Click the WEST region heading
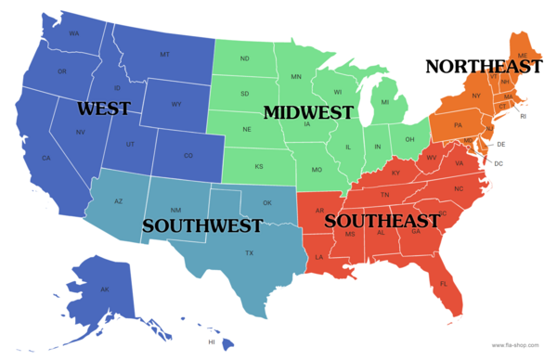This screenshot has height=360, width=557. coord(103,109)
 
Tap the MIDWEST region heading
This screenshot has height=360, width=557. coord(308,112)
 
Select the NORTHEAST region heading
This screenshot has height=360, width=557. coord(483,67)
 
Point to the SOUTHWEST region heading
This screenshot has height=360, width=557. coord(202,225)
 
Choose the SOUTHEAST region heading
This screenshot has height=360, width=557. coord(382,221)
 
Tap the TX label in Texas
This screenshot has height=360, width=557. coord(249,253)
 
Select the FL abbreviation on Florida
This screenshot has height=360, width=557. coord(443,284)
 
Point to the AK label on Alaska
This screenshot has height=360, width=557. coord(105,289)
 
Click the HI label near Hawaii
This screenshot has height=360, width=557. coord(212,342)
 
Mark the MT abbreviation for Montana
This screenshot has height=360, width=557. coord(164,55)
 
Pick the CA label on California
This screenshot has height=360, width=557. coord(45,158)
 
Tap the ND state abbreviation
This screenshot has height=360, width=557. coord(245,59)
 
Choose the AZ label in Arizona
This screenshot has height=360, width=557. coord(119,201)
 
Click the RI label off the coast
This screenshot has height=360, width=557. coord(523,116)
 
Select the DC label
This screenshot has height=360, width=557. coord(499,163)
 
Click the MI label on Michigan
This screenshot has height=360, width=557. coord(384,103)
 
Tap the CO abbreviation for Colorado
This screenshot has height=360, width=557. coord(188,155)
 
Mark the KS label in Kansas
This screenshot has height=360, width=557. coord(259,167)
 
